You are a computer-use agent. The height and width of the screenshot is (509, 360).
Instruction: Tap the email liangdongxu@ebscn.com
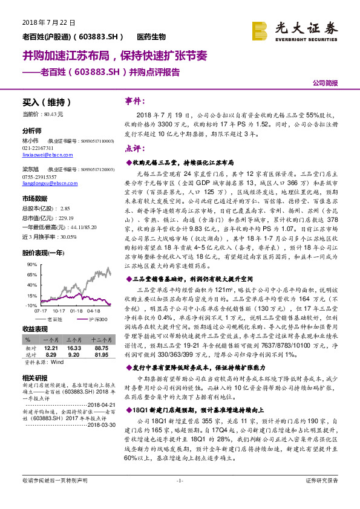tap(44, 182)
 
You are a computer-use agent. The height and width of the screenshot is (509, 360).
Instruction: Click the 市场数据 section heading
tap(35, 198)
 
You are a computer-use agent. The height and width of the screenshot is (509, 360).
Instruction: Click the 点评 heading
tap(134, 148)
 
